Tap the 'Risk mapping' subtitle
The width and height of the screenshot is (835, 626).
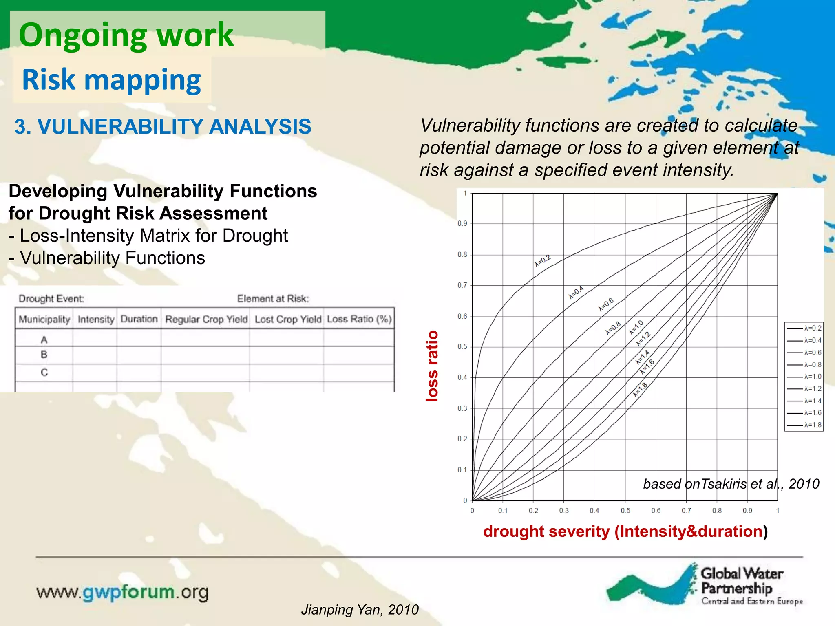(111, 80)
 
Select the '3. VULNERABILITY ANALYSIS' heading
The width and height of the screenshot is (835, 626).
(163, 127)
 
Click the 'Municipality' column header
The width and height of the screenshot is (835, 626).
(44, 319)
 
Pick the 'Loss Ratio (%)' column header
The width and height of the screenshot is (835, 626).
(359, 319)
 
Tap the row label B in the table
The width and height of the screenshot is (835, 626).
(44, 355)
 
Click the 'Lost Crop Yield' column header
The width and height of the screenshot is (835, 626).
(288, 319)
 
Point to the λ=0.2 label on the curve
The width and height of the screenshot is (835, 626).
(543, 261)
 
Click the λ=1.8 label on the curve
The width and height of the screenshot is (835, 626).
(640, 390)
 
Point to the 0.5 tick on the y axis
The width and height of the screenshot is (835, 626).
(462, 347)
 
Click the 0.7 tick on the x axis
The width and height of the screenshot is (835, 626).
(686, 511)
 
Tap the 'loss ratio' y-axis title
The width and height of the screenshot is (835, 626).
(432, 366)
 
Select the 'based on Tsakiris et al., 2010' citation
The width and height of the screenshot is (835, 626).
(731, 484)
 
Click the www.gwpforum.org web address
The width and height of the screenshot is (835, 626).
(122, 592)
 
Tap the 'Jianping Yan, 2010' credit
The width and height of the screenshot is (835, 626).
(360, 610)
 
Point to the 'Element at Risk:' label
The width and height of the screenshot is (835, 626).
(273, 299)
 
